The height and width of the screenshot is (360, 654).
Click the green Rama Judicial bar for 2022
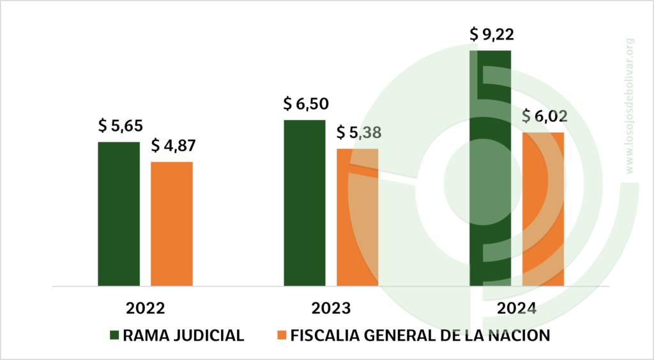(119, 214)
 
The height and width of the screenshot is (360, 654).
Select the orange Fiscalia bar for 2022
(172, 223)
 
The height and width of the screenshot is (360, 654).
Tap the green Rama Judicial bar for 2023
(304, 202)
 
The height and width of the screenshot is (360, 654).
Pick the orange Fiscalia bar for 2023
(357, 217)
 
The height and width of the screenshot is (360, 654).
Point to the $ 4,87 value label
(173, 146)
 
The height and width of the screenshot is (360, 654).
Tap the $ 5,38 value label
(358, 133)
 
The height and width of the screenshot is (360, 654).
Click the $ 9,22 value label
(491, 34)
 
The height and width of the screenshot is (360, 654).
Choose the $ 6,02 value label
(544, 117)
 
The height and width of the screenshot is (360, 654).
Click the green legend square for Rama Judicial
(114, 336)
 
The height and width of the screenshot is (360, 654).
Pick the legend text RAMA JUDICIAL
(184, 336)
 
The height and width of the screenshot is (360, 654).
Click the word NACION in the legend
(519, 336)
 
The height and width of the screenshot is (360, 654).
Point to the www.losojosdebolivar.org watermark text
(629, 105)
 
